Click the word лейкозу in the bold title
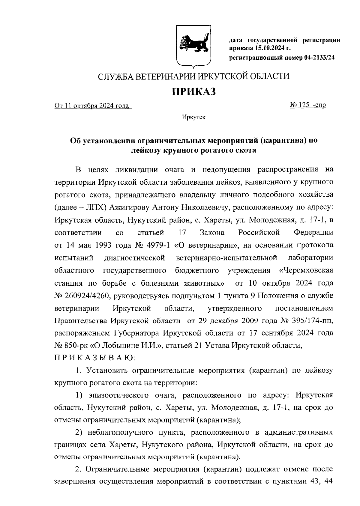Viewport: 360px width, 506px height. (x=147, y=150)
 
